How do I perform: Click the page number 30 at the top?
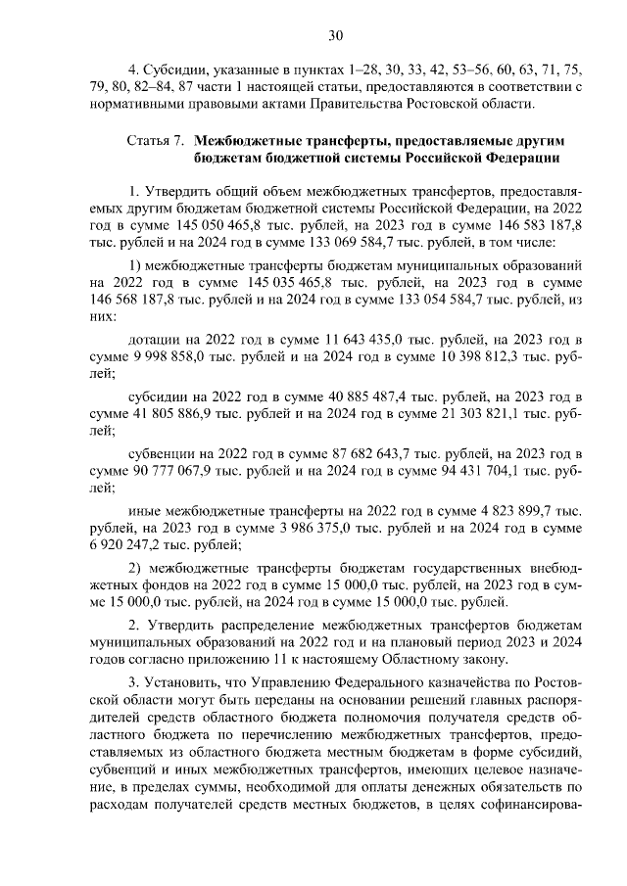pos(335,36)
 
